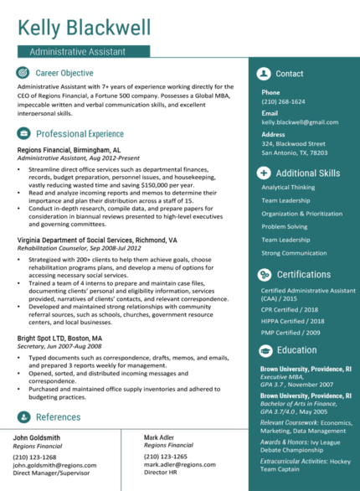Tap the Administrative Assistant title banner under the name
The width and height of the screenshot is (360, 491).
pyautogui.click(x=84, y=52)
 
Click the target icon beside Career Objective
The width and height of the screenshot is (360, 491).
pyautogui.click(x=23, y=74)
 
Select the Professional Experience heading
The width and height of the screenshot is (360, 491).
pyautogui.click(x=80, y=133)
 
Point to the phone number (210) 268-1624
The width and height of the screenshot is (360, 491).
pyautogui.click(x=283, y=101)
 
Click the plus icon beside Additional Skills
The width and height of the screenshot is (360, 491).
pyautogui.click(x=264, y=173)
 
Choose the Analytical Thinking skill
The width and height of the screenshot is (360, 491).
pyautogui.click(x=288, y=188)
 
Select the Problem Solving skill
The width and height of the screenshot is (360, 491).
pyautogui.click(x=284, y=226)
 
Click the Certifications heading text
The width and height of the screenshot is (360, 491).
pyautogui.click(x=304, y=274)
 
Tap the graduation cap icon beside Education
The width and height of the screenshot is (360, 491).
pyautogui.click(x=264, y=349)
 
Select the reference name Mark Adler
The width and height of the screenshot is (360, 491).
pyautogui.click(x=160, y=437)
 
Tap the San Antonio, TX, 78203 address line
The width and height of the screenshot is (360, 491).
pyautogui.click(x=294, y=153)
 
